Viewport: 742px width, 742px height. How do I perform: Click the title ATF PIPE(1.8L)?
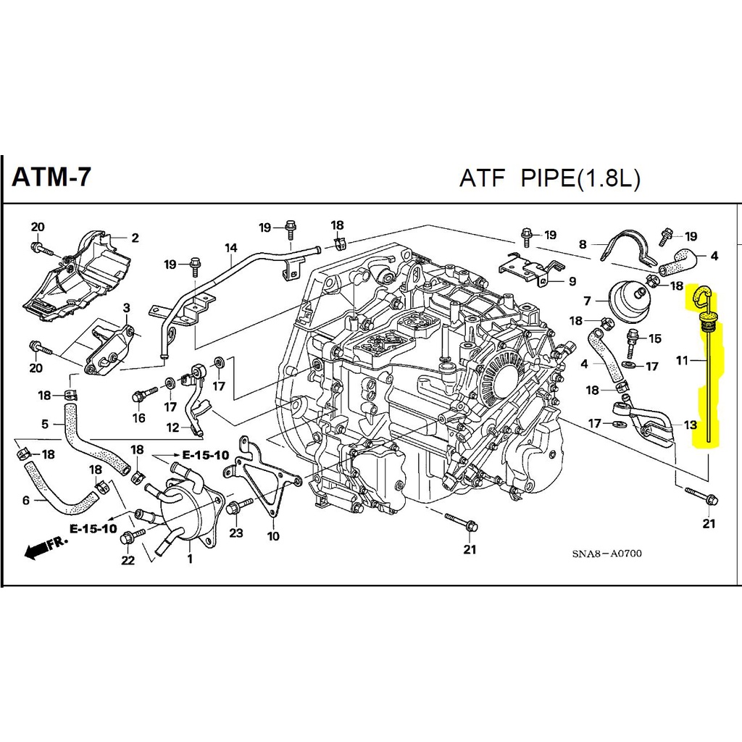pos(549,179)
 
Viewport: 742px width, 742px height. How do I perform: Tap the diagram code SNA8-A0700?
pos(606,554)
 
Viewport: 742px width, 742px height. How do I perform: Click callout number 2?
pos(135,237)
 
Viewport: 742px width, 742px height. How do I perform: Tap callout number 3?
pos(126,309)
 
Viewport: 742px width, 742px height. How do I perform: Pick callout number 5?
pos(45,424)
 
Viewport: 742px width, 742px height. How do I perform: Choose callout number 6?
pos(26,499)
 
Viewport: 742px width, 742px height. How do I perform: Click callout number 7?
pos(588,300)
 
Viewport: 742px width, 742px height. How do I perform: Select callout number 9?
pos(572,281)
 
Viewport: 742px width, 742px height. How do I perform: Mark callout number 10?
pos(272,537)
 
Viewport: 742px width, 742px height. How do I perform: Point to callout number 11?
pos(682,359)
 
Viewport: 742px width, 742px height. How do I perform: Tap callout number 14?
pos(231,248)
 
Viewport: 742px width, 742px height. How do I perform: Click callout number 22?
pos(128,560)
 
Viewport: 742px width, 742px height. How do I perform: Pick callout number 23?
pos(235,533)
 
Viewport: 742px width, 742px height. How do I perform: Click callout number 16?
pos(138,417)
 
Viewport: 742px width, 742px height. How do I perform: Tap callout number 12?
pos(172,428)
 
